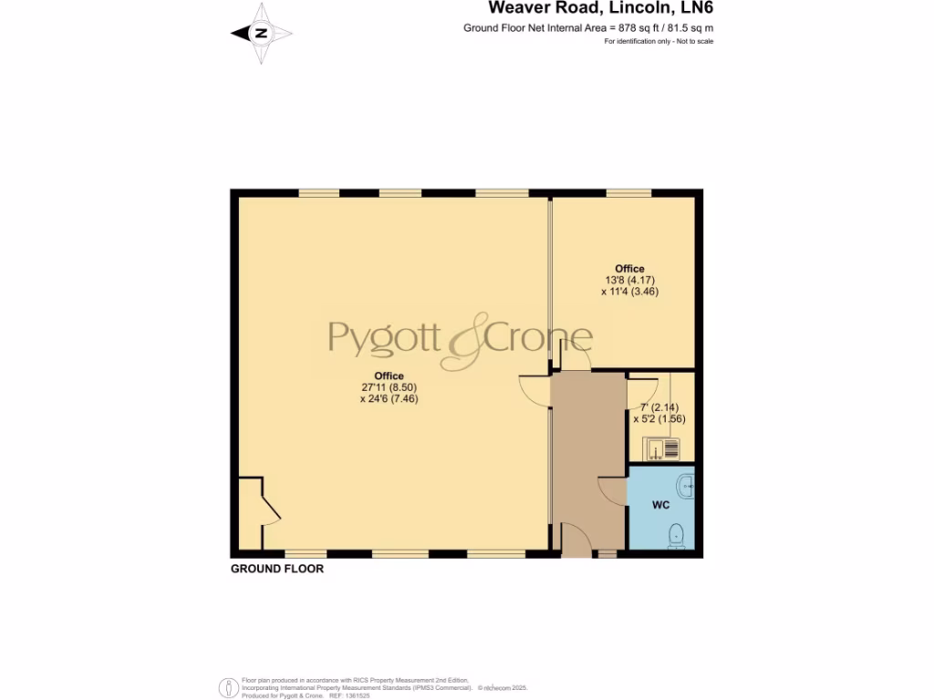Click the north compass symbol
(x=262, y=33)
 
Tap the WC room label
(x=661, y=504)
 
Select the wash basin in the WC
(x=687, y=483)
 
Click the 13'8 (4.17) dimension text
(x=629, y=280)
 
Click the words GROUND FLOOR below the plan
(x=277, y=569)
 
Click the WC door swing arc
(x=612, y=489)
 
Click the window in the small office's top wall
(x=628, y=192)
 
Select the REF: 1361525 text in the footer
(x=348, y=695)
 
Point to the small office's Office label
(x=629, y=269)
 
